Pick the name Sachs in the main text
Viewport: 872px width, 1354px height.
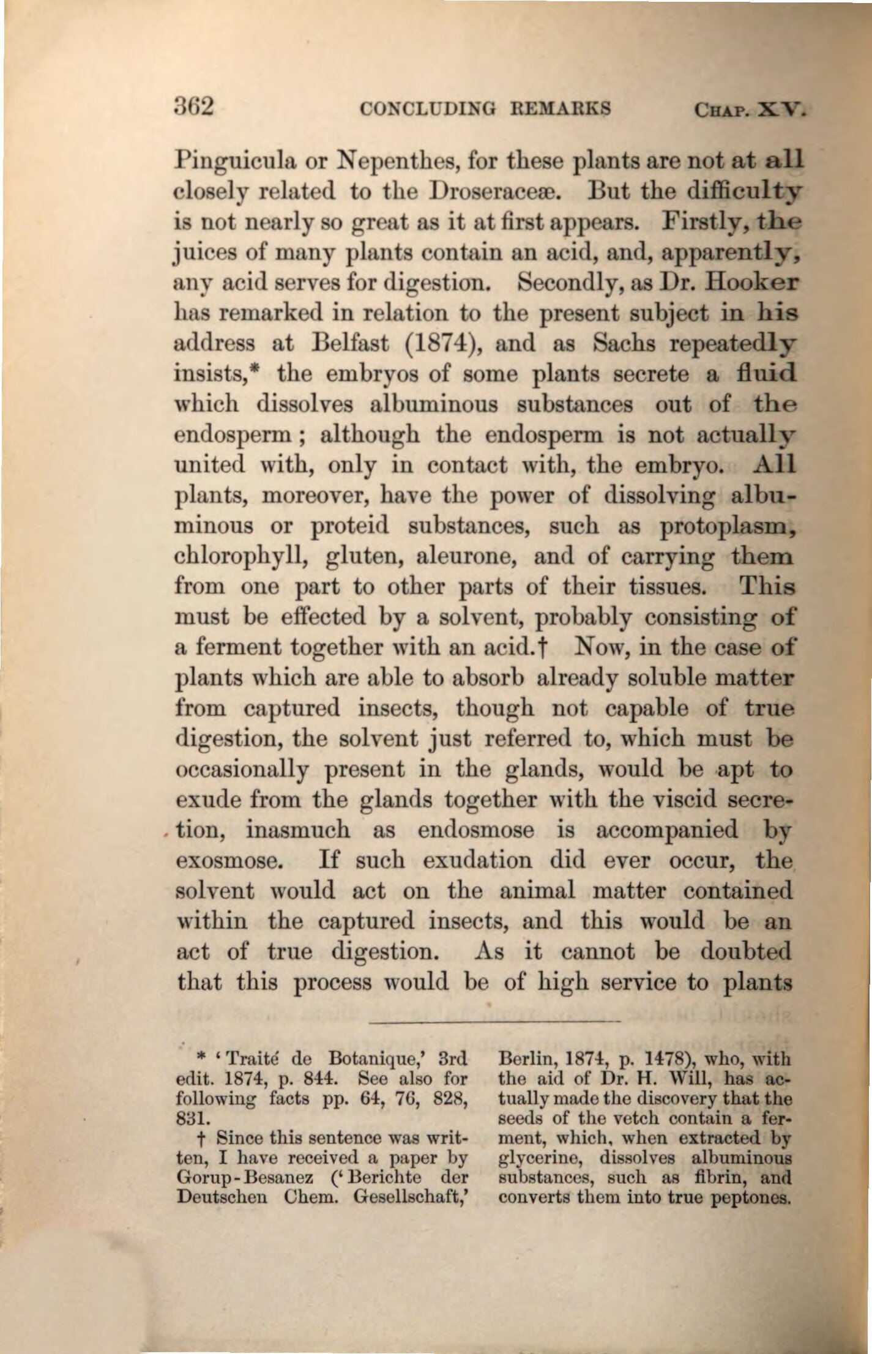click(624, 344)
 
